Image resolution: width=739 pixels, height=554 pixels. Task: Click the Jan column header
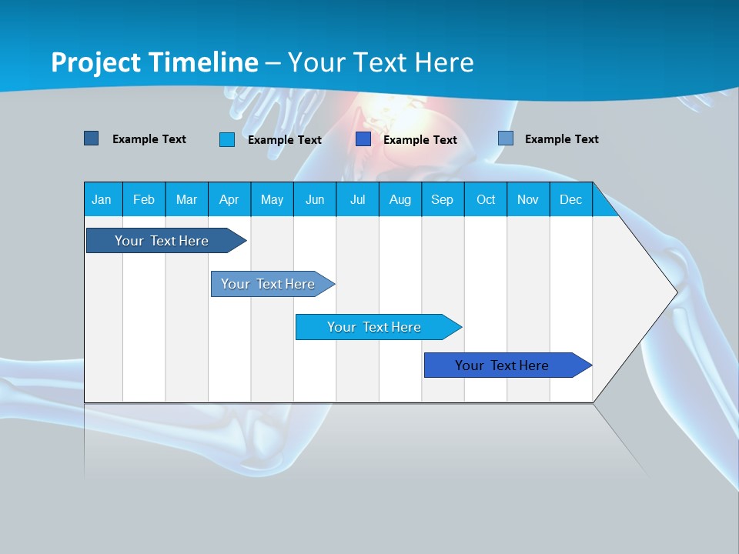click(x=102, y=199)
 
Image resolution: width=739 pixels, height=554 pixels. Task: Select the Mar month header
click(x=186, y=199)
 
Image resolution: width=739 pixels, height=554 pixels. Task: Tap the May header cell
click(x=272, y=199)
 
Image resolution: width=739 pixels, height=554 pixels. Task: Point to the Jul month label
click(x=357, y=199)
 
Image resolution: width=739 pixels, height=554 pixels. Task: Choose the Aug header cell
click(x=400, y=199)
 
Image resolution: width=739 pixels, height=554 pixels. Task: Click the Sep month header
click(x=442, y=199)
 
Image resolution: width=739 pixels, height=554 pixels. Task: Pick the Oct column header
click(x=485, y=199)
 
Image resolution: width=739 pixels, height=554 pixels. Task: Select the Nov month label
click(x=527, y=199)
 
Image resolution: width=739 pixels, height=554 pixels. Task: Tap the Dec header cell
click(x=570, y=199)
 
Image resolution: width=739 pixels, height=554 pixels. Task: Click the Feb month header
click(x=144, y=199)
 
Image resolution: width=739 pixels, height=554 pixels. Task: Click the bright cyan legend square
click(x=227, y=139)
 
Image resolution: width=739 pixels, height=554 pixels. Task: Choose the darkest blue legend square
click(x=91, y=138)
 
